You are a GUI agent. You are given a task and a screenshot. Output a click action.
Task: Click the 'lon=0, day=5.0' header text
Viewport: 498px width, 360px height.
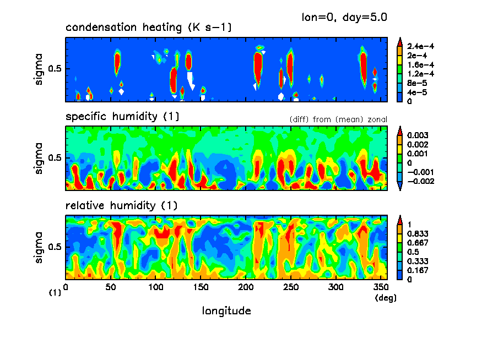[344, 17]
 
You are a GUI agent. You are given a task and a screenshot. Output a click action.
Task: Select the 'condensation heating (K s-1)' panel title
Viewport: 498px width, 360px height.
[148, 28]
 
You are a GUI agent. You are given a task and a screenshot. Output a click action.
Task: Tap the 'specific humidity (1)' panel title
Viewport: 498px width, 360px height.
[122, 117]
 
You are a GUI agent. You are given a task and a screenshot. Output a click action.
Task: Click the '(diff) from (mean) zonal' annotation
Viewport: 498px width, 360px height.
[338, 119]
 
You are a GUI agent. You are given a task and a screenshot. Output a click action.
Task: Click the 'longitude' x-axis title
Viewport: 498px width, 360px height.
[227, 311]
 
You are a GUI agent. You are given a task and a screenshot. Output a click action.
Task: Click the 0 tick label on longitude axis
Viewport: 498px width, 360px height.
[66, 287]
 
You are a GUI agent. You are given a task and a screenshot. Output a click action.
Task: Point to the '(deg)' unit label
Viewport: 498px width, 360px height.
[385, 298]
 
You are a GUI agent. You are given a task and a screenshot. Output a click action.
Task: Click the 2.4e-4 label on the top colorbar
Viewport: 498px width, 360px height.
[420, 47]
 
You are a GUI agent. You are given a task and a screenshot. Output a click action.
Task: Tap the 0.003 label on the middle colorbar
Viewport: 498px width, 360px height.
[418, 135]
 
